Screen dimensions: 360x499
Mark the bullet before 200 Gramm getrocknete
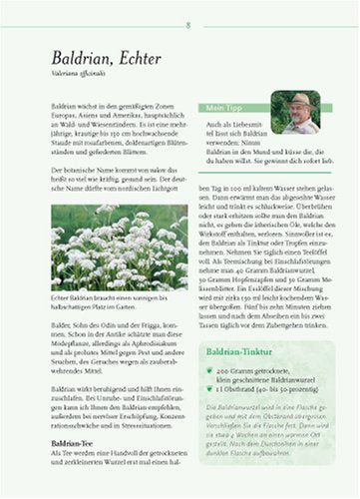210,370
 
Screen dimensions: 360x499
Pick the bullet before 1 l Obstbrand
210,388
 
